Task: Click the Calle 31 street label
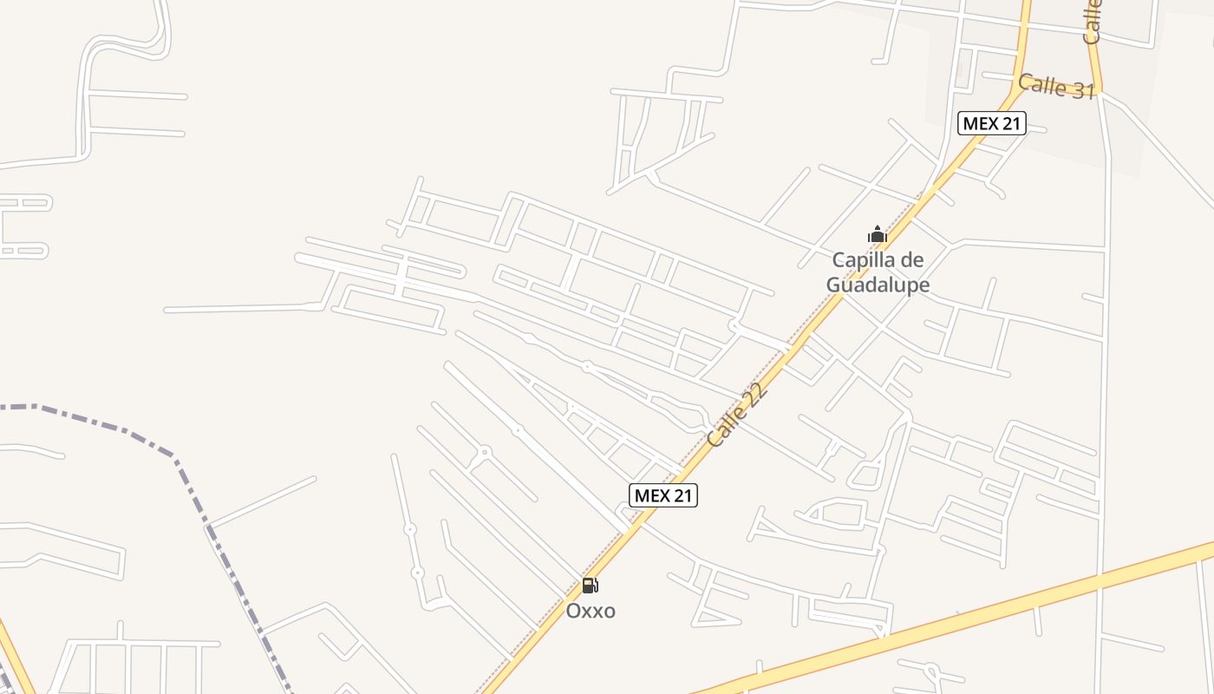coord(1056,86)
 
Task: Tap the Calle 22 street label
coord(738,416)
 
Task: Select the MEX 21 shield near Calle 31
coord(992,123)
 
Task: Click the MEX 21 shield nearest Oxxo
coord(662,495)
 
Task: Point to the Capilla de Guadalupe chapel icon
coord(878,235)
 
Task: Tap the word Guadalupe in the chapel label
coord(878,285)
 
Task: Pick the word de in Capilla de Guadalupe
coord(913,259)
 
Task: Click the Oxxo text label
coord(591,611)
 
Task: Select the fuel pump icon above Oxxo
coord(590,586)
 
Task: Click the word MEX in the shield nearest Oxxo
coord(650,495)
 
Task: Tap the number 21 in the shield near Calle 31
coord(1009,123)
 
